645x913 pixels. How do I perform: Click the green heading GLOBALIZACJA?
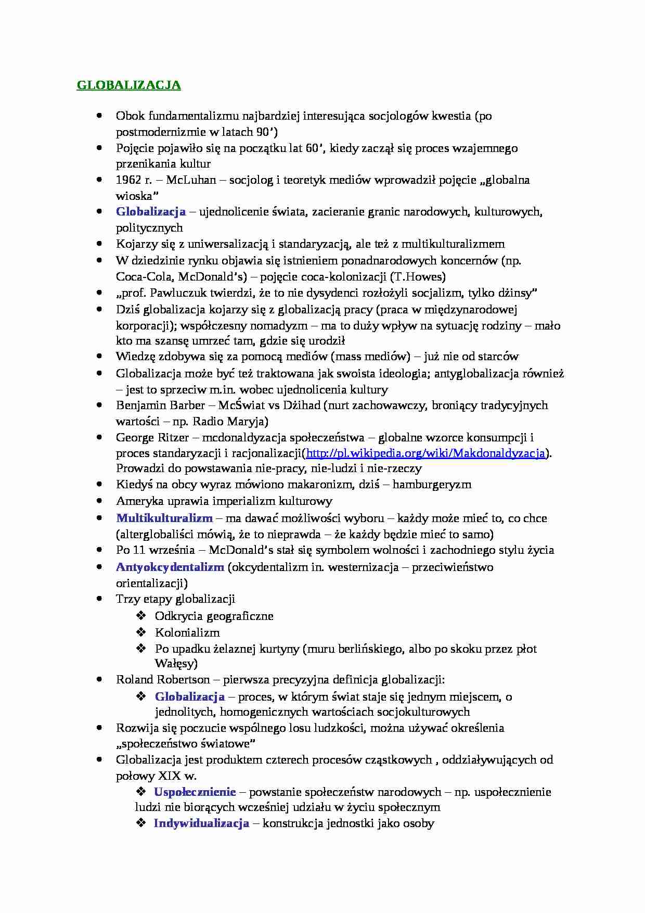coord(128,85)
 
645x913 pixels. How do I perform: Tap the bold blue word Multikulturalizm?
coord(164,518)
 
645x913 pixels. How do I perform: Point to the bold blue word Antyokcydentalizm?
coord(170,567)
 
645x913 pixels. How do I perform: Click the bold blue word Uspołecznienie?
coord(195,792)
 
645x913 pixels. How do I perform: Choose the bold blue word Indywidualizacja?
coord(201,824)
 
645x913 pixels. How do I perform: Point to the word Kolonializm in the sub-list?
coord(187,633)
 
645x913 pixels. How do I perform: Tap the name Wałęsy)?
coord(176,664)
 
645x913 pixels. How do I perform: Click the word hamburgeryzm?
coord(432,485)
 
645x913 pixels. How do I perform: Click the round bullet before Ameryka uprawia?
coord(99,501)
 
